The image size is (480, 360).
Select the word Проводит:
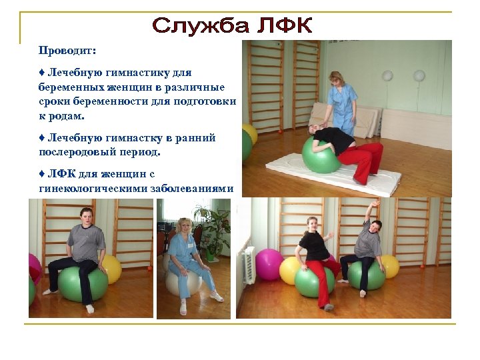click(x=67, y=51)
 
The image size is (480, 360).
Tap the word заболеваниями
click(x=194, y=189)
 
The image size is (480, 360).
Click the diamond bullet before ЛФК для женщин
click(x=41, y=174)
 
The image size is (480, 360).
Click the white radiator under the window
click(x=249, y=263)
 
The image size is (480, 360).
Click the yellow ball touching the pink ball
click(x=289, y=270)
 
